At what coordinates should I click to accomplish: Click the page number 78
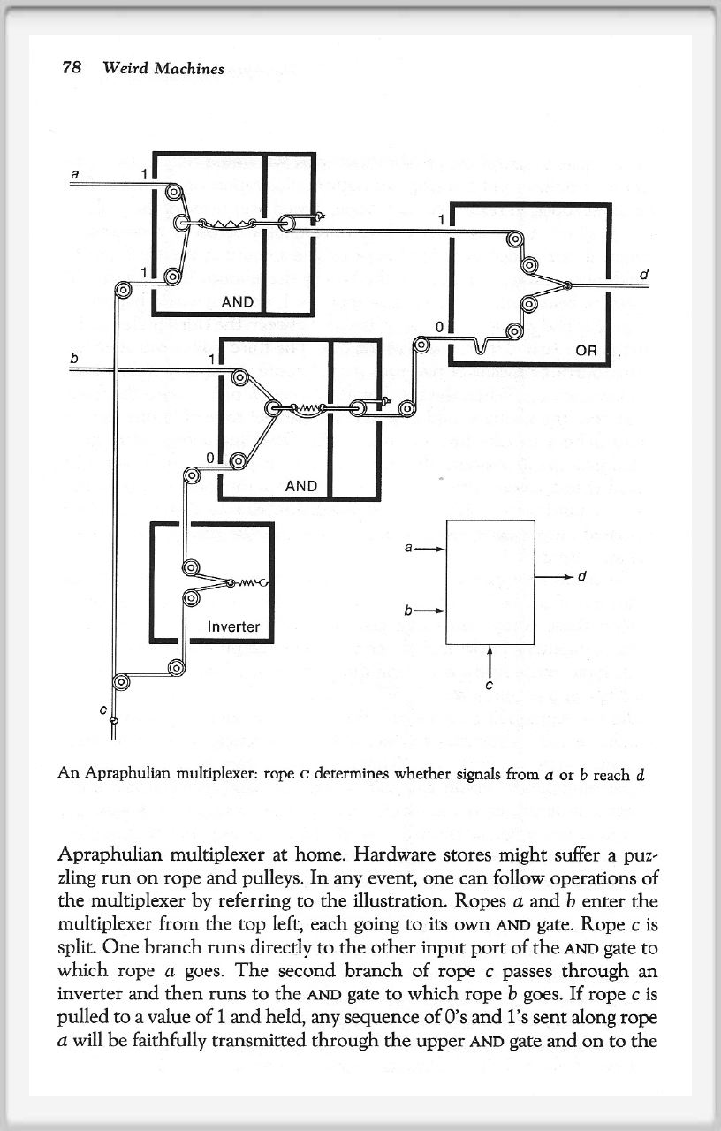pyautogui.click(x=71, y=67)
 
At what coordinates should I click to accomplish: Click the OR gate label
pyautogui.click(x=587, y=351)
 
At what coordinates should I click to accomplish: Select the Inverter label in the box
pyautogui.click(x=233, y=626)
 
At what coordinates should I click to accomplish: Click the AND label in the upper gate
pyautogui.click(x=238, y=302)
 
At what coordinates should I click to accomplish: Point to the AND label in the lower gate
pyautogui.click(x=301, y=486)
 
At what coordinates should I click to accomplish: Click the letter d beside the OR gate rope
pyautogui.click(x=644, y=274)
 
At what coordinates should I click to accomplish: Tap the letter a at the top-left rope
pyautogui.click(x=76, y=175)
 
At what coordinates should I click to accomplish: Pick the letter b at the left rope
pyautogui.click(x=76, y=357)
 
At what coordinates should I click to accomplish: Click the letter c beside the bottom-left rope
pyautogui.click(x=102, y=709)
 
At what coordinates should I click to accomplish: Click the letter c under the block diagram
pyautogui.click(x=489, y=684)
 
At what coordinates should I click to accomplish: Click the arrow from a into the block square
pyautogui.click(x=431, y=549)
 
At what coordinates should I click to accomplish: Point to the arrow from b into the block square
pyautogui.click(x=431, y=611)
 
